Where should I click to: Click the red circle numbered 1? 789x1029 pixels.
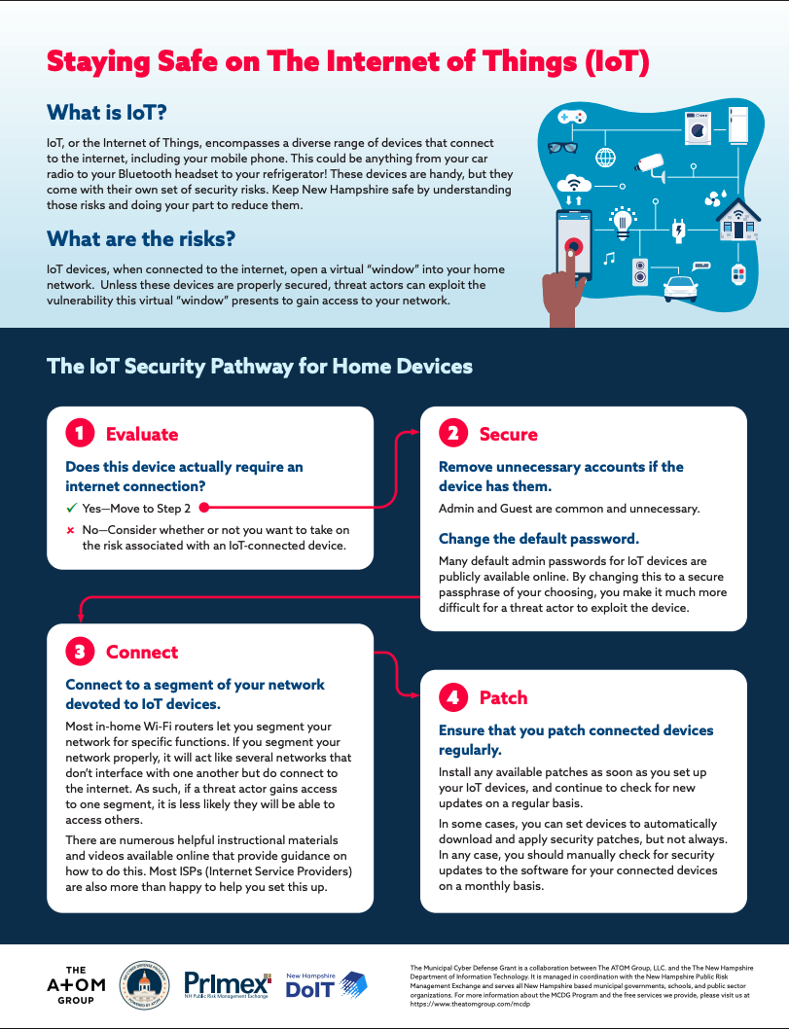[x=79, y=434]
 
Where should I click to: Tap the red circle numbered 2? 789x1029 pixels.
[x=452, y=434]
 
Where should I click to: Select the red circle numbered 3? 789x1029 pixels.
[x=79, y=652]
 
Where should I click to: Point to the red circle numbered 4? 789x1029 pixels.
[x=452, y=697]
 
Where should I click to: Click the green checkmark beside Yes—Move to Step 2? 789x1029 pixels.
[x=71, y=508]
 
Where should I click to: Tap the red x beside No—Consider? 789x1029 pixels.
[x=71, y=530]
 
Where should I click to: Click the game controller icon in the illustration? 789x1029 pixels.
[x=571, y=117]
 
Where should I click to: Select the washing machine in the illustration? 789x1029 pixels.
[x=697, y=127]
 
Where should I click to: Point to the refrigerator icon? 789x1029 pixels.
[x=736, y=124]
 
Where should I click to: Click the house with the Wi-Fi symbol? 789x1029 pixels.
[x=739, y=219]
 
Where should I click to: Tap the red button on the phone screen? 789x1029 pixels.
[x=574, y=246]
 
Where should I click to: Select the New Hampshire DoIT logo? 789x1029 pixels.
[x=326, y=985]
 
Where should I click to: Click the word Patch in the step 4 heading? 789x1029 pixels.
[x=503, y=697]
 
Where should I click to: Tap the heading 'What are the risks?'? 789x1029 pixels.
[x=141, y=238]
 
